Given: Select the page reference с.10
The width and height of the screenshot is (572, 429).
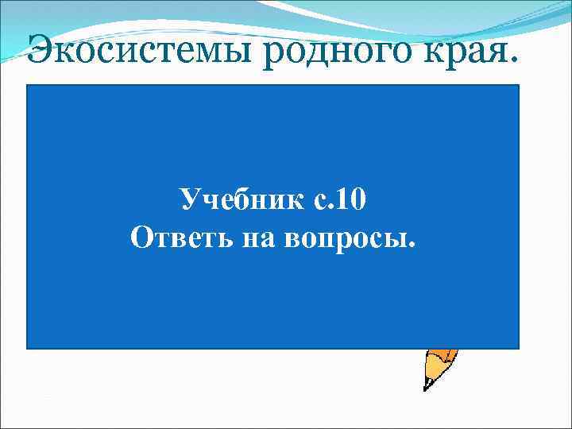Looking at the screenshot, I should point(330,199).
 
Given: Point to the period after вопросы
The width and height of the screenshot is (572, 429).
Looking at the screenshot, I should point(411,245).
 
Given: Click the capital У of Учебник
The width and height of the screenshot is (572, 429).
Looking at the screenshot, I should point(191,199).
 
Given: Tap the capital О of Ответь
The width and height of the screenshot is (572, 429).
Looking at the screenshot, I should point(140,237).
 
